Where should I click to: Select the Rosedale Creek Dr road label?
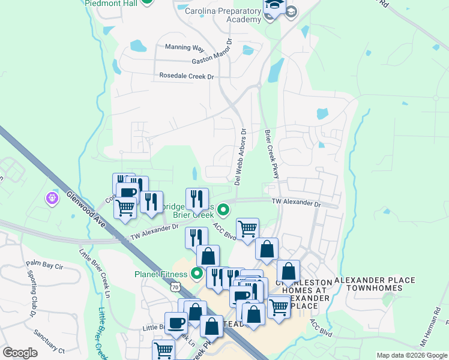[186, 76]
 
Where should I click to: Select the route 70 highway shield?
[175, 288]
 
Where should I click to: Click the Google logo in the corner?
[20, 353]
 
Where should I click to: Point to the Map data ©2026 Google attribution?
[411, 355]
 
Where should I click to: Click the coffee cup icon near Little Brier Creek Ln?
[176, 323]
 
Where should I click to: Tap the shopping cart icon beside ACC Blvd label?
[247, 228]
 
